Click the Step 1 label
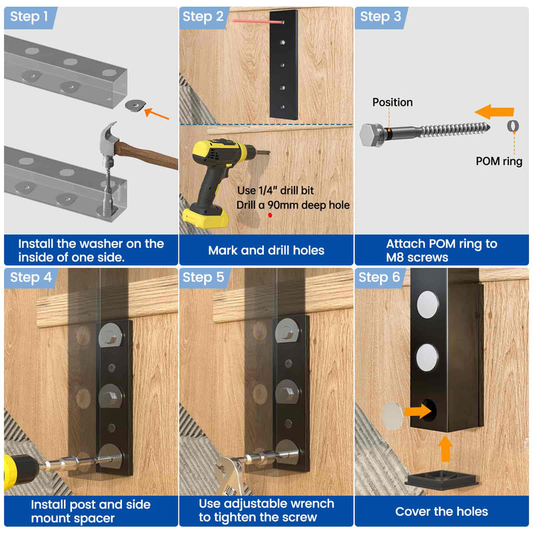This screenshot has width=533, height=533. (29, 16)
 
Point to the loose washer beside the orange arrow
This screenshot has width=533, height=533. (135, 105)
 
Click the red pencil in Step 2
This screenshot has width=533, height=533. (258, 21)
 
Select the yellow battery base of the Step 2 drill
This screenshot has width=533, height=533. (205, 218)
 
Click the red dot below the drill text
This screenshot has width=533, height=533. (270, 215)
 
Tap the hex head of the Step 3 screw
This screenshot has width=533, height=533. (372, 135)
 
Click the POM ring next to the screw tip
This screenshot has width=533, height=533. (512, 126)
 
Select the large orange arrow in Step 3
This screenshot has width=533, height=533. (494, 112)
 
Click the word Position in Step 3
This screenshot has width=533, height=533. (392, 103)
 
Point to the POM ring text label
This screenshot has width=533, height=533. (498, 161)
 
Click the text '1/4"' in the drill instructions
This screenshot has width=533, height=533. (268, 191)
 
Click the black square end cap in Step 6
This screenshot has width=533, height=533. (442, 480)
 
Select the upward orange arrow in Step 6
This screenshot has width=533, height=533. (445, 448)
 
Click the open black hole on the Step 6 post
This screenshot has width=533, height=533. (429, 410)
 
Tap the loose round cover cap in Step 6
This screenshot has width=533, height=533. (392, 415)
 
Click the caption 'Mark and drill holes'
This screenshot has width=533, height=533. (266, 251)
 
